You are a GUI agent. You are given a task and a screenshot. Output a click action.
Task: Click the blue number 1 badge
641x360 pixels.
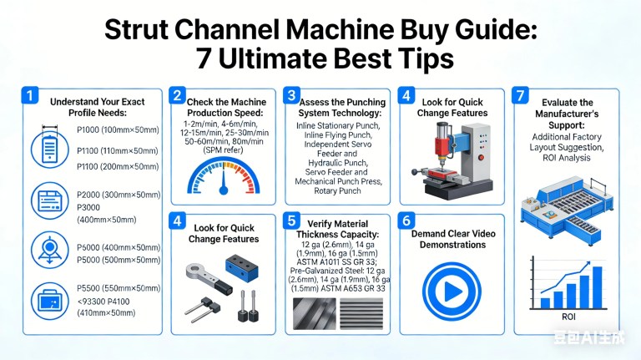(30, 95)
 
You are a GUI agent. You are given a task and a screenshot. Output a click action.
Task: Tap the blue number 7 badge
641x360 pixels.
(521, 95)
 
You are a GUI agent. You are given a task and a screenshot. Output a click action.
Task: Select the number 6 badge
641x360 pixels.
(406, 221)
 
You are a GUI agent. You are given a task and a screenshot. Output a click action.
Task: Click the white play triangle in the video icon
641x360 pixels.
(453, 292)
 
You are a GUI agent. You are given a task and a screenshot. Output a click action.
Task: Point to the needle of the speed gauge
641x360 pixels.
(224, 181)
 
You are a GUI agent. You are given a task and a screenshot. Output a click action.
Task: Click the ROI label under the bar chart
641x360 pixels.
(568, 317)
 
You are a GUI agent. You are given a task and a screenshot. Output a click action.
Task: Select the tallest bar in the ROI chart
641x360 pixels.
(598, 287)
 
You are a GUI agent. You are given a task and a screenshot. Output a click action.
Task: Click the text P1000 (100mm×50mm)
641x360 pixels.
(118, 130)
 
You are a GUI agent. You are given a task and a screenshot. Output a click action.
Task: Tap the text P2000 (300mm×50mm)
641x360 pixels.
(119, 195)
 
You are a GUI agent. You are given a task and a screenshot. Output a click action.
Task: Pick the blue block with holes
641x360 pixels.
(242, 268)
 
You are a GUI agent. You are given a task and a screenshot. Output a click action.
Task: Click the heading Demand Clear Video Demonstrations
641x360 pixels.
(453, 240)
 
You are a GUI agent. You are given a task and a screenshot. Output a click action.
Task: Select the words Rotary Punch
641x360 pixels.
(337, 190)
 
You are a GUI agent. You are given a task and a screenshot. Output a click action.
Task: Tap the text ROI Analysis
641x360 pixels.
(567, 158)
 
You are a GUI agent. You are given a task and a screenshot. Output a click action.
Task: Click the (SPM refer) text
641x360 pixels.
(223, 150)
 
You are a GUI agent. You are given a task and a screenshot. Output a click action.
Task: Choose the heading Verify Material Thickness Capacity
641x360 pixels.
(338, 229)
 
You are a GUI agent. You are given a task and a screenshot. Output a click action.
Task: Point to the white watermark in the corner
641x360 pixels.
(589, 337)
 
